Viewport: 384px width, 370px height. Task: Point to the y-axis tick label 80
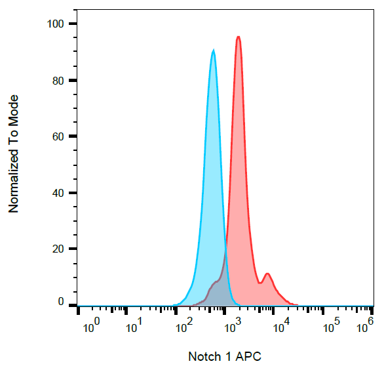pos(58,81)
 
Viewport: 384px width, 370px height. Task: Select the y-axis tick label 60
pos(58,136)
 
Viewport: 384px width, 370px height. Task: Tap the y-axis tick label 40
pos(58,193)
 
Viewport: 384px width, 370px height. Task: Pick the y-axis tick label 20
pos(58,249)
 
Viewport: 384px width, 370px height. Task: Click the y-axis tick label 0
pos(61,302)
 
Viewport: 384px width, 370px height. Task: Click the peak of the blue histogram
pos(213,51)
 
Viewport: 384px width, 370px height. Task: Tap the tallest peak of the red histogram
pos(239,37)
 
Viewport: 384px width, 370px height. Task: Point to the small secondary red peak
pos(267,274)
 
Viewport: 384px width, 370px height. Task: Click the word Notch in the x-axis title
pos(204,357)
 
